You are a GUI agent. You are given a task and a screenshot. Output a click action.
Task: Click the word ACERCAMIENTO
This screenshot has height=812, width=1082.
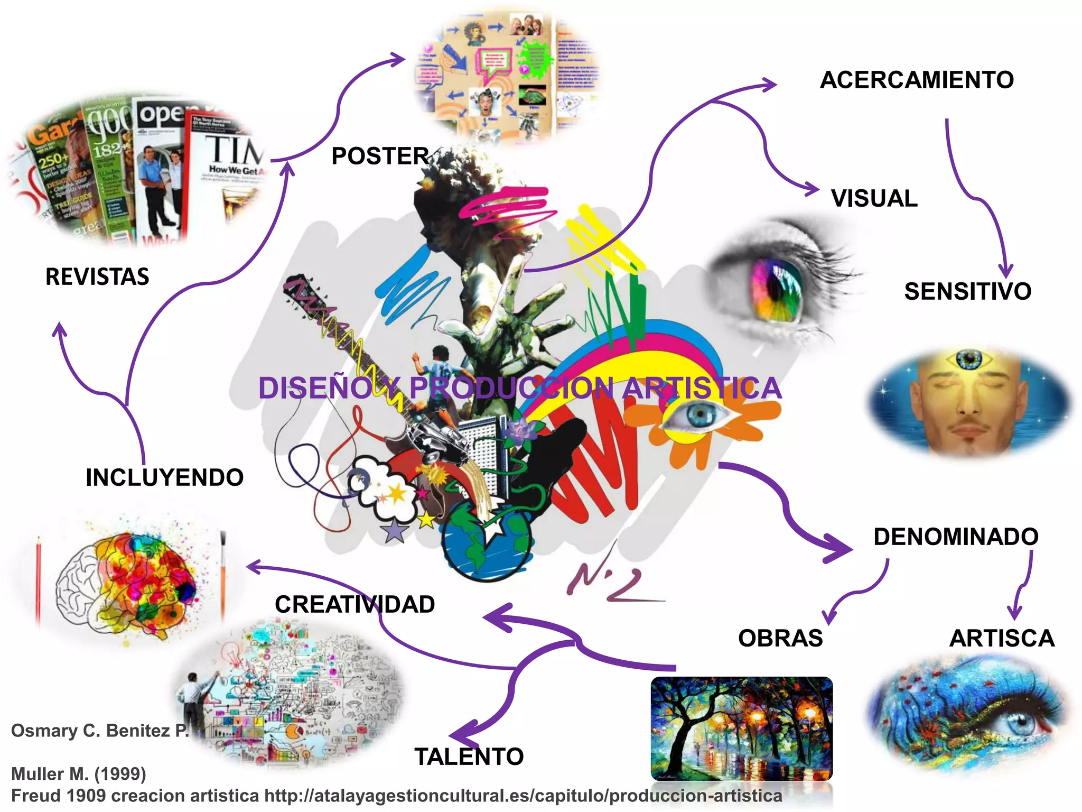[917, 80]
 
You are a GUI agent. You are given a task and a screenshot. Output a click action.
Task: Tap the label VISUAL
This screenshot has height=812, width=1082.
[874, 199]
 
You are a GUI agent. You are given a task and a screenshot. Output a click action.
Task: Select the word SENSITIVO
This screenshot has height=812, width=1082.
[967, 291]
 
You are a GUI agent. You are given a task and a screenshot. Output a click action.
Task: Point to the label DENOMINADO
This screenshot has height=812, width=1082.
[956, 537]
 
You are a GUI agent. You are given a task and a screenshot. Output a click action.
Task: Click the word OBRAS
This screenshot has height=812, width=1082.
[780, 638]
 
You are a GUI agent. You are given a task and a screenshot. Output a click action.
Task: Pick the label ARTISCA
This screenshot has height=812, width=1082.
[1002, 638]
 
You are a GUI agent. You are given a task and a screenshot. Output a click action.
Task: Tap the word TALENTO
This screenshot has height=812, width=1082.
[469, 756]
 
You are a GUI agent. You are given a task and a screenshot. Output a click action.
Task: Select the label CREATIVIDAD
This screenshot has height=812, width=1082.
[355, 604]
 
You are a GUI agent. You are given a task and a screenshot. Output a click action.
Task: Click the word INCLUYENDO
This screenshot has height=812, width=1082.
[164, 477]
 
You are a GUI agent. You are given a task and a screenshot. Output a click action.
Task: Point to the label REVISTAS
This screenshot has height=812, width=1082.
[97, 277]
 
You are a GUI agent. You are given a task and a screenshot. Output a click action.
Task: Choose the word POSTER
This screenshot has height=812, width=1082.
[380, 156]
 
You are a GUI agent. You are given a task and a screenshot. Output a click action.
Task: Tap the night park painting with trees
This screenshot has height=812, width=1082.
[741, 728]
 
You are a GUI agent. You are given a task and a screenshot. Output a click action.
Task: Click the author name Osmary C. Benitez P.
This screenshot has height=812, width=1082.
[100, 731]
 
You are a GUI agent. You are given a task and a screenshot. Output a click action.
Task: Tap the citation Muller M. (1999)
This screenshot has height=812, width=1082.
[79, 774]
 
